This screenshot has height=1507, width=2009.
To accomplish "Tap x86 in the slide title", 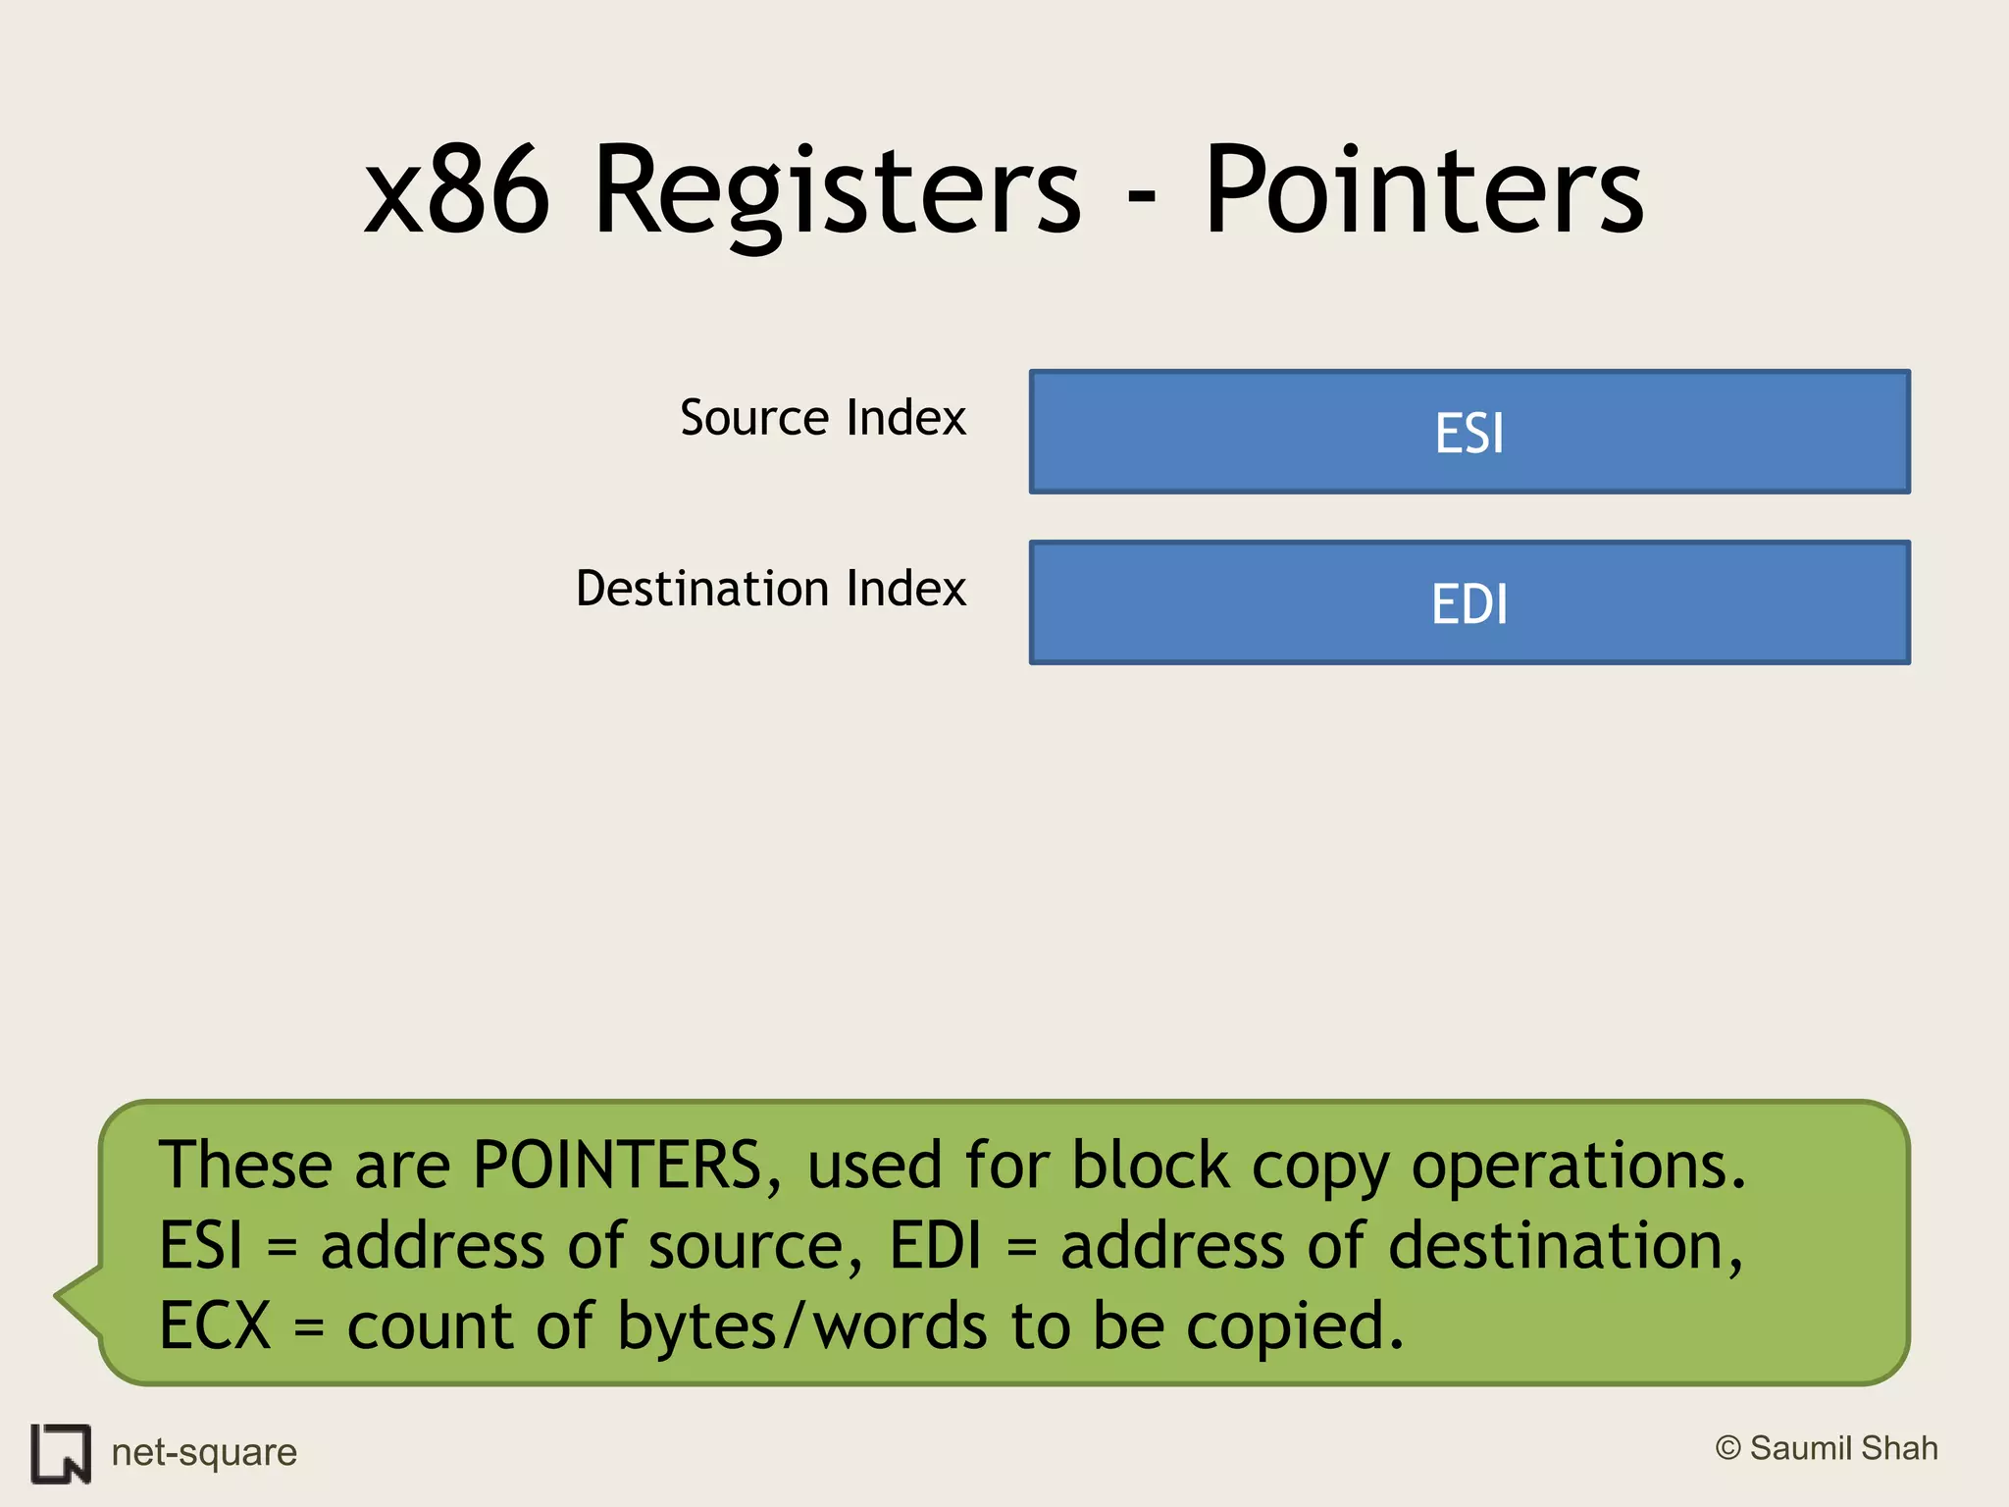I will click(456, 191).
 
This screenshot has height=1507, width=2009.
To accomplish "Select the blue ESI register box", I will click(1468, 432).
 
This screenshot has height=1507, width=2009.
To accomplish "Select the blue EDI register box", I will click(1468, 602).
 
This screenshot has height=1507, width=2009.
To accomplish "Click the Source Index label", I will click(822, 418).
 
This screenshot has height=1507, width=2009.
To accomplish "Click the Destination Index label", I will click(770, 589).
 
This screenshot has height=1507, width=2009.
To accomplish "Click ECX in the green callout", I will click(215, 1326).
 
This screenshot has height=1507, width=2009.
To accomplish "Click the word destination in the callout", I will click(1565, 1246).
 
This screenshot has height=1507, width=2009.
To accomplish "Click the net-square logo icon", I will click(61, 1453).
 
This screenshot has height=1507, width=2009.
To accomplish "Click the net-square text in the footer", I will click(204, 1453).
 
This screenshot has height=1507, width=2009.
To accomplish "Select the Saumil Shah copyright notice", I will click(1827, 1449).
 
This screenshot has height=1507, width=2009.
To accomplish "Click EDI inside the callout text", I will click(935, 1246).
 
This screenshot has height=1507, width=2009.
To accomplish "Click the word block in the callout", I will click(1150, 1166).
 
